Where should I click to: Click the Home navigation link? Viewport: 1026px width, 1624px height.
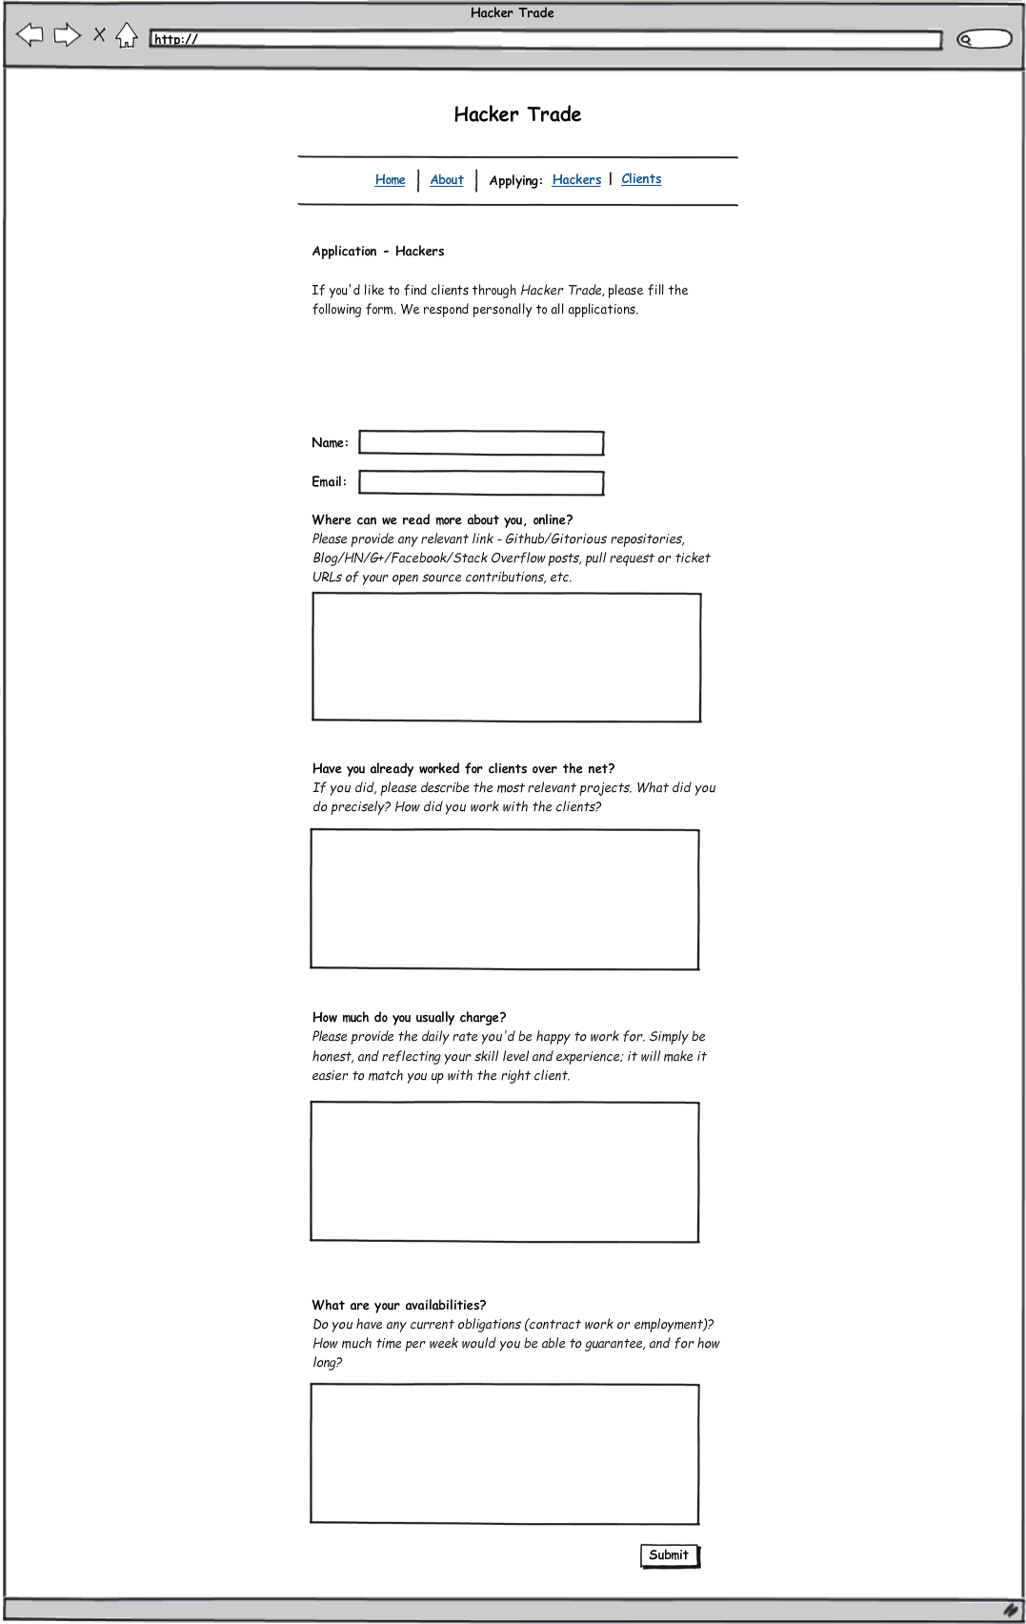pos(390,180)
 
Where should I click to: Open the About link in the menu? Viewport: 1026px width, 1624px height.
pos(447,180)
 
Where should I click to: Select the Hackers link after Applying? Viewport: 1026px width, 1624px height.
pos(576,180)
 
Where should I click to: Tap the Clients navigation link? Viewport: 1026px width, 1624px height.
pos(641,179)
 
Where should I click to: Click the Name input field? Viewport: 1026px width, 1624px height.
pos(481,443)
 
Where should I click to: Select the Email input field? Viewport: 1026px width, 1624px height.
pos(481,483)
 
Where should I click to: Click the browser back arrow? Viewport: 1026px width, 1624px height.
pos(30,36)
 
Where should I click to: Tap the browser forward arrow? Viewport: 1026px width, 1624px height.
pos(67,36)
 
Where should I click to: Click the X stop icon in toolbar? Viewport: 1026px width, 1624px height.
pos(99,35)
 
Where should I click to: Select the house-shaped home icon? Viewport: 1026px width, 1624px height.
pos(127,36)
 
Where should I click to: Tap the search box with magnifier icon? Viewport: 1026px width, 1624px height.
pos(984,39)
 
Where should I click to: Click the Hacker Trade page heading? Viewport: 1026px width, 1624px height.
pos(517,114)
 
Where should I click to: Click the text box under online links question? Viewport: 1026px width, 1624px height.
pos(507,658)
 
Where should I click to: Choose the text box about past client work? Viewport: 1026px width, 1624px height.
pos(505,900)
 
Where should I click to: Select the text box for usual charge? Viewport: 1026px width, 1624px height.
pos(505,1172)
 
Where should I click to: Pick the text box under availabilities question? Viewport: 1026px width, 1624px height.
pos(505,1454)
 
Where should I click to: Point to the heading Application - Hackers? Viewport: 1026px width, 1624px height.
pos(378,252)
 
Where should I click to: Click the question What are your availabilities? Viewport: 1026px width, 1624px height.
pos(399,1306)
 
